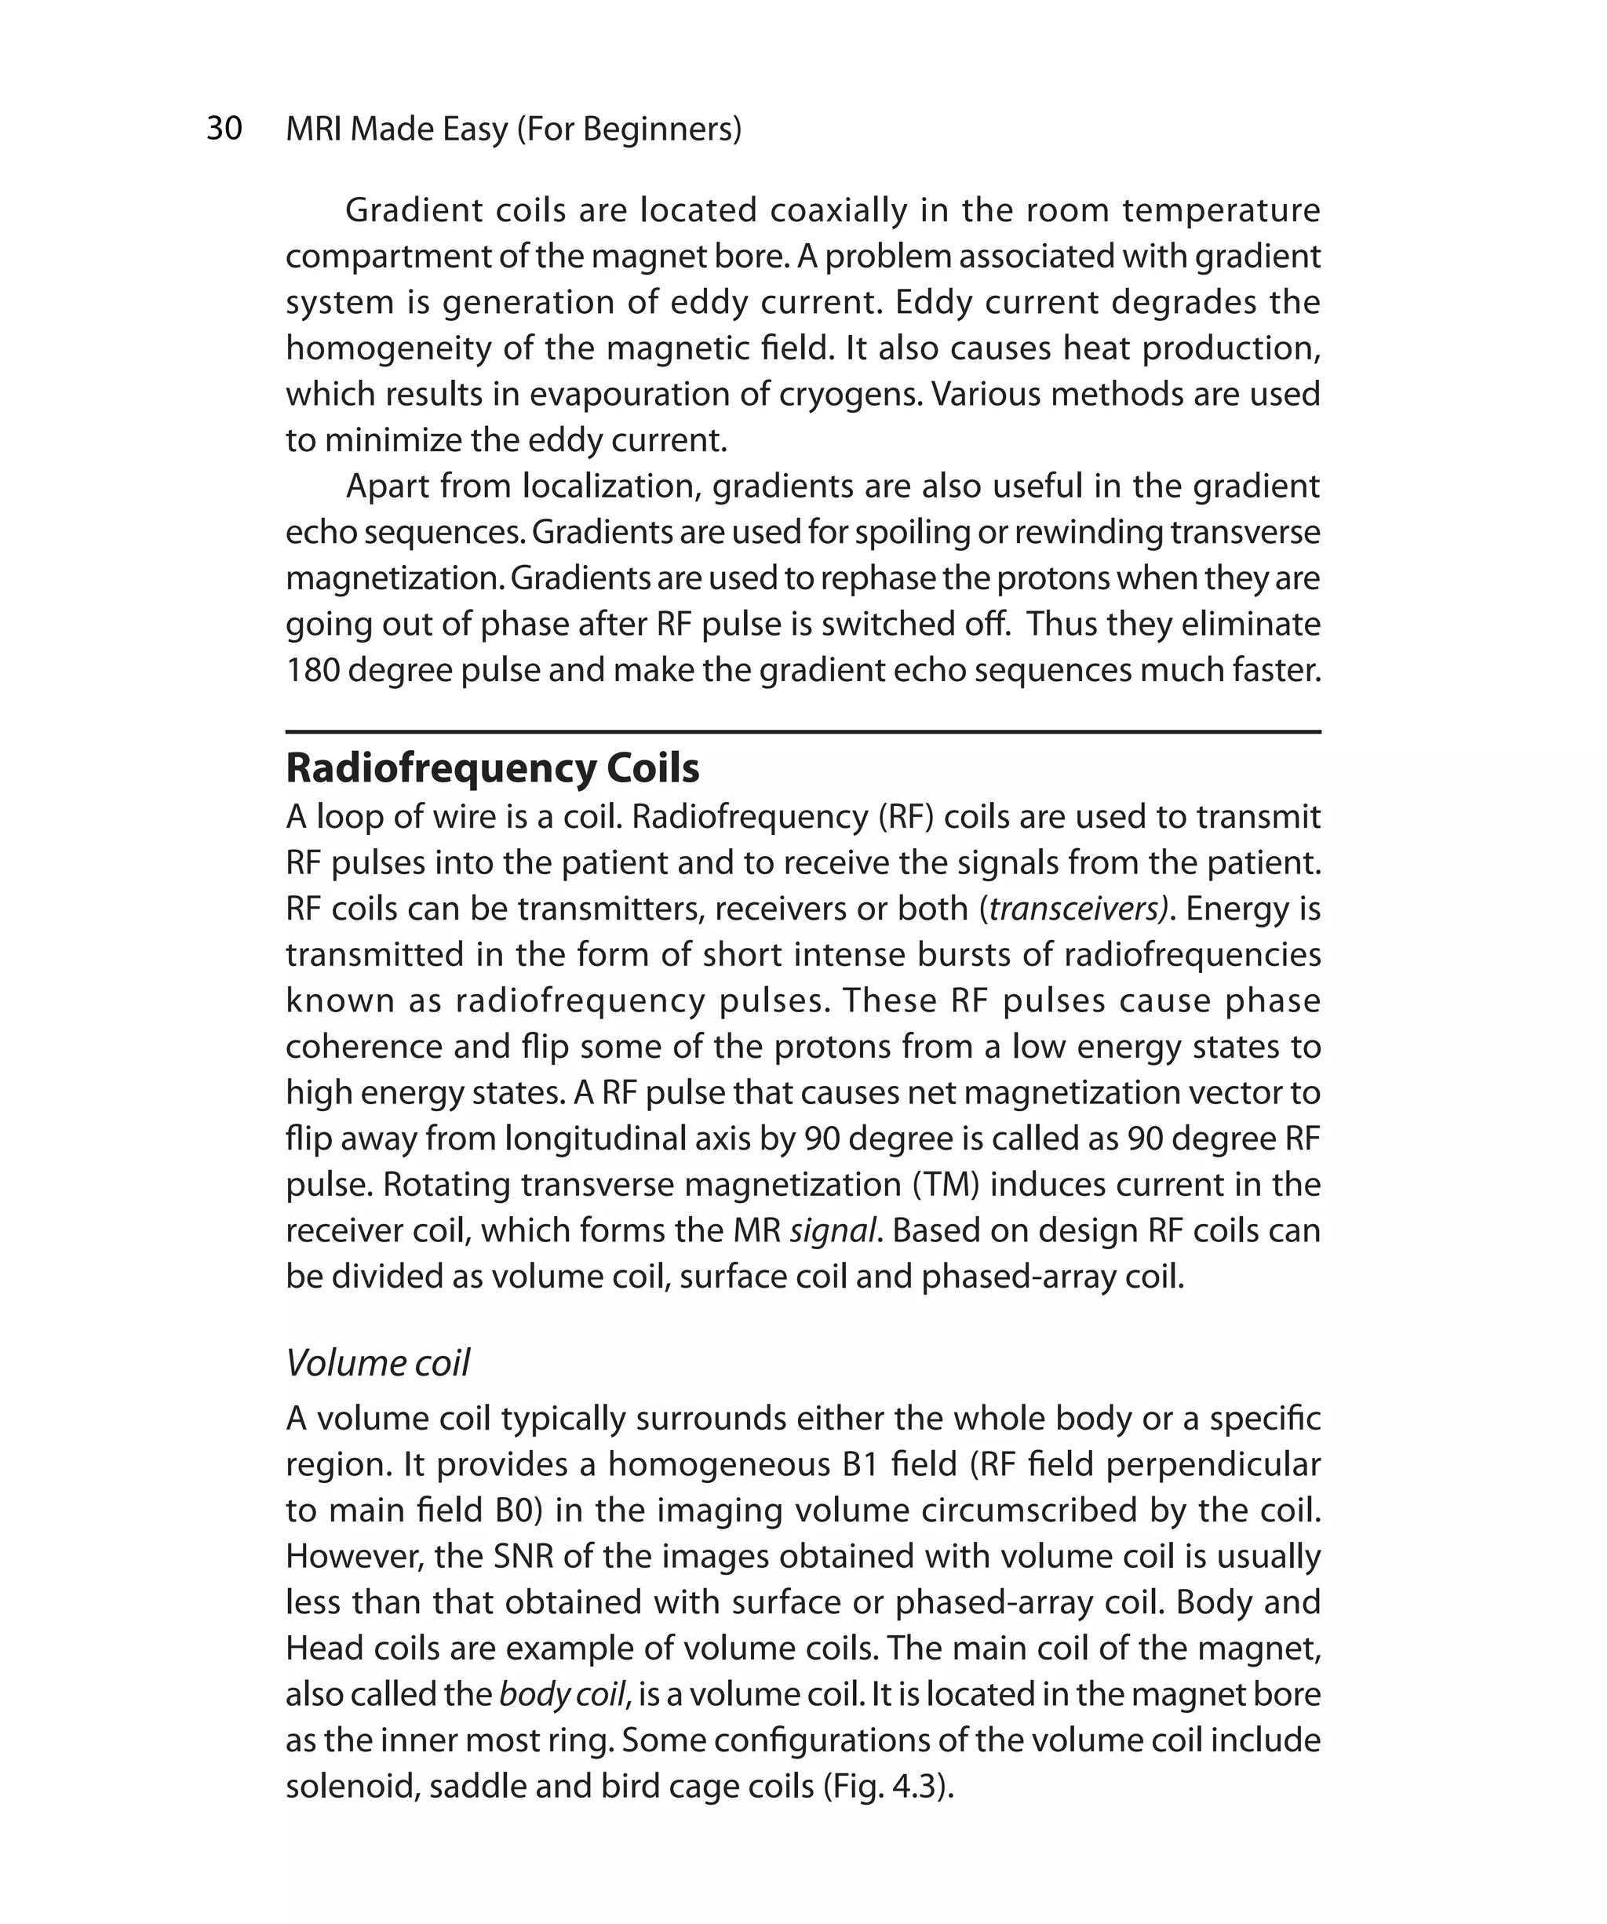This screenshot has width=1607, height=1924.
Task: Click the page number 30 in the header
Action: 224,129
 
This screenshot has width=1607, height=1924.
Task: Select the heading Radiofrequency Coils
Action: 492,767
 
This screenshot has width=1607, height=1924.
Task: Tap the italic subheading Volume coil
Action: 377,1362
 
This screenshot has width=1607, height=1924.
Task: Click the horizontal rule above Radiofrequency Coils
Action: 803,732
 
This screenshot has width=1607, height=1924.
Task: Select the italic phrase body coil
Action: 562,1694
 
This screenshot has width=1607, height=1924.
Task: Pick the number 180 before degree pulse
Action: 312,670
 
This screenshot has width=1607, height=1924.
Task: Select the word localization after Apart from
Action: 611,486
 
